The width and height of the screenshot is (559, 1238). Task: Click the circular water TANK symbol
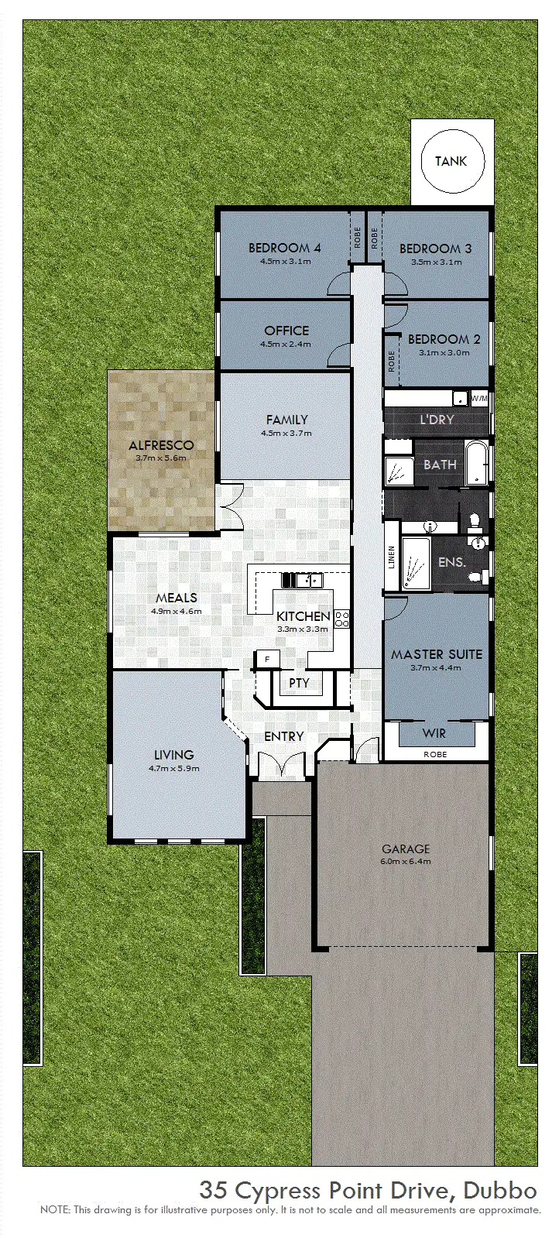coord(451,162)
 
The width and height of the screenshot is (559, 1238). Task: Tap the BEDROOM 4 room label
coord(285,249)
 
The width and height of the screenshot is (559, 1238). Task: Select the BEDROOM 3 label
coord(435,249)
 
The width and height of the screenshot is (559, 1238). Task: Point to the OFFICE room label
coord(286,331)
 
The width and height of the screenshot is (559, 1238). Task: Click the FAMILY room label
coord(286,420)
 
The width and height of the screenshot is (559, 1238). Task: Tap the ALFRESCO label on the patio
coord(161,445)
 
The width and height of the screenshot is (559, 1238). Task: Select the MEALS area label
coord(177,598)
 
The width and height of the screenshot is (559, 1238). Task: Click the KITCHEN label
coord(304,616)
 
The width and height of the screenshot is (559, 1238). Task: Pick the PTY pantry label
coord(299,683)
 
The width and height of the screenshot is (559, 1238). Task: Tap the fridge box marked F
coord(268,659)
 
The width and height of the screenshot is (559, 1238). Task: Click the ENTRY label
coord(283,736)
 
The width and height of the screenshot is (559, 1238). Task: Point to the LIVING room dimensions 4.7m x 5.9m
coord(173,769)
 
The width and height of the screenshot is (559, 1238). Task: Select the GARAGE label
coord(405,849)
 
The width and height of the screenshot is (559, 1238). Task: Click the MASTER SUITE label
coord(436,654)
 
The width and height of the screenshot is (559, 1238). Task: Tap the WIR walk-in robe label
coord(434,733)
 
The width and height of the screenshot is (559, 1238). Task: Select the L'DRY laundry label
coord(437,420)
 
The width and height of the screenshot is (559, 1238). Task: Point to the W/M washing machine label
coord(479,399)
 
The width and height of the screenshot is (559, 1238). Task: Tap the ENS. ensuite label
coord(452,562)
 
